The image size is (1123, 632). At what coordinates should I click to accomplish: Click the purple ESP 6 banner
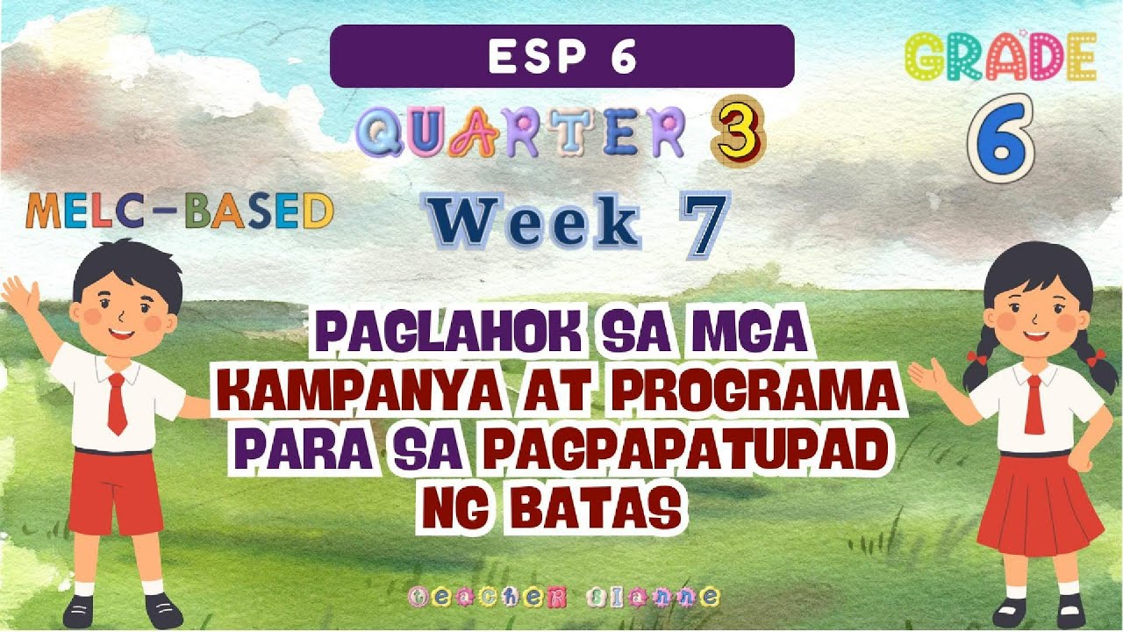tap(561, 56)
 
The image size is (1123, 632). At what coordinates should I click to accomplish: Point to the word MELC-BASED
tap(180, 212)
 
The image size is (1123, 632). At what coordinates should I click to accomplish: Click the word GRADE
tap(1000, 57)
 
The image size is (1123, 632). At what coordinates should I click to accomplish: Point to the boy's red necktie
tap(116, 403)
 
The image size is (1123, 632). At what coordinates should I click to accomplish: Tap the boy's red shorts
tap(114, 492)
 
